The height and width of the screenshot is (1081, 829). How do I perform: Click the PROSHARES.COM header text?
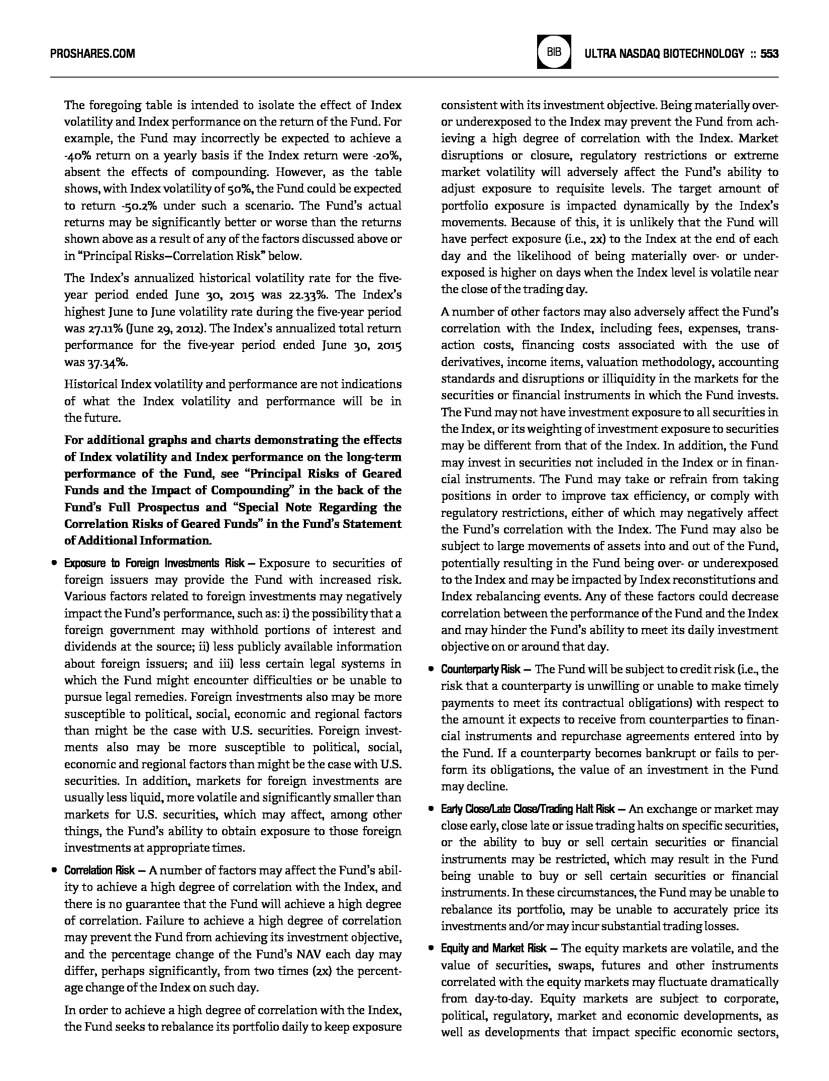click(x=92, y=54)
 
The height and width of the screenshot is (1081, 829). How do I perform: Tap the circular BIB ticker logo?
click(x=554, y=52)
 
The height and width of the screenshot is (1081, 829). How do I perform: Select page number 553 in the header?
click(x=769, y=54)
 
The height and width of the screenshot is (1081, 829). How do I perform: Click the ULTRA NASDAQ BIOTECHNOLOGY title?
click(x=664, y=54)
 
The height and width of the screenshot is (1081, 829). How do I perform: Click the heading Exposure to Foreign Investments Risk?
click(x=154, y=563)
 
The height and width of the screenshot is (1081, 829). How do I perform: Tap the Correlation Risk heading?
click(x=99, y=870)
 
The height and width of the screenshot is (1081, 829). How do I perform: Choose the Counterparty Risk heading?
click(x=481, y=669)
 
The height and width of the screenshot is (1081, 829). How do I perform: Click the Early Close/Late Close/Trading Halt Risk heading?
click(x=528, y=809)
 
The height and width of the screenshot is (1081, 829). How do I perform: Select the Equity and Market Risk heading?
click(x=494, y=948)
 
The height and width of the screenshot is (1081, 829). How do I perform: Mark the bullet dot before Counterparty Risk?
click(x=431, y=670)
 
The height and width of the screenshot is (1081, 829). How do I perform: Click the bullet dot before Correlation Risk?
click(x=54, y=870)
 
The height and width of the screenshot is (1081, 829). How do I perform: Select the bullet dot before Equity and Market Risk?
click(x=431, y=948)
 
